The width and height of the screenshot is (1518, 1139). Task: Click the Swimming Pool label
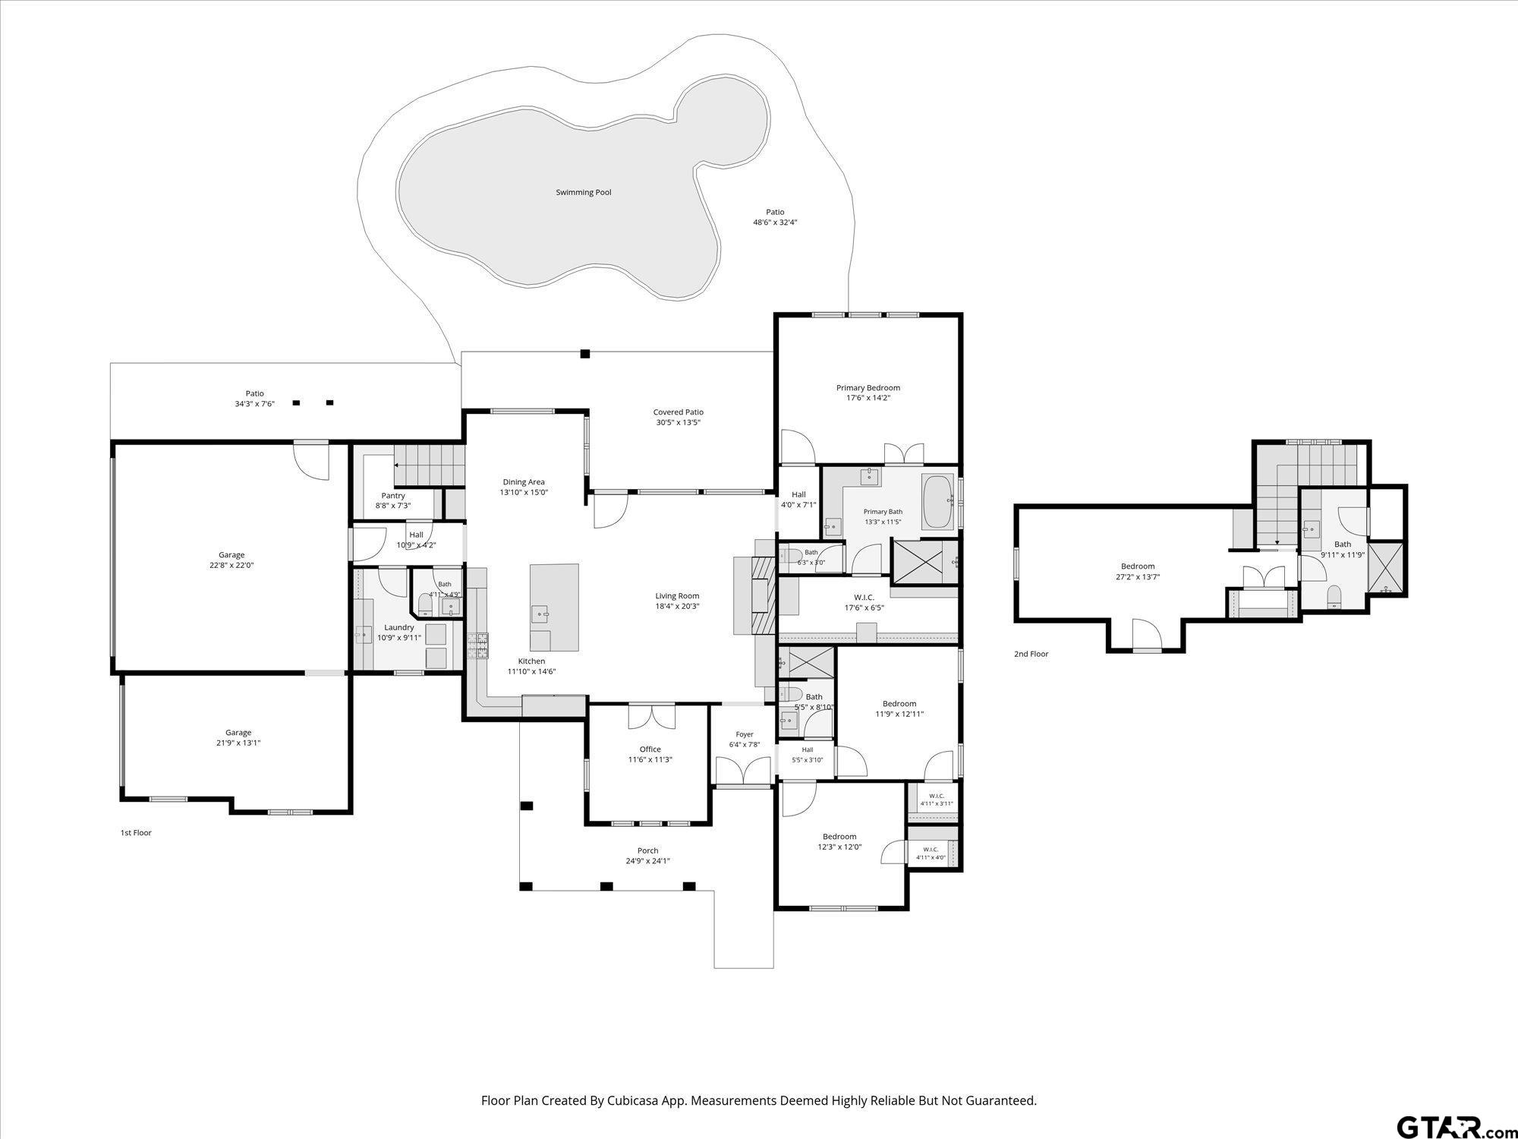point(583,193)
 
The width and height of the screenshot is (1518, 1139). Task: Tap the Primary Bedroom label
point(868,388)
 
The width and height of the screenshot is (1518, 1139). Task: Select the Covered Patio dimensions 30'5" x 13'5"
point(678,423)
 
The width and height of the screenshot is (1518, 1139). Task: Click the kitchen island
point(554,607)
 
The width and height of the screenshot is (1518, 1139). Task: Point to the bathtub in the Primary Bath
point(938,502)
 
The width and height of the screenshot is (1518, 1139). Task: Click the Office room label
point(650,749)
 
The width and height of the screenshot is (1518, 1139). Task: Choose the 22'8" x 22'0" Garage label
point(231,560)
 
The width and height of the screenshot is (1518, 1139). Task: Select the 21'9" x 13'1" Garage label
point(238,738)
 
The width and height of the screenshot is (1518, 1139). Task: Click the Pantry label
point(393,496)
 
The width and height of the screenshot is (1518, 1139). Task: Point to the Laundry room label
point(399,628)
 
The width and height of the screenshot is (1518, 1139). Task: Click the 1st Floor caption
point(136,833)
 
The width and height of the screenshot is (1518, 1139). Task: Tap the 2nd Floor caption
point(1031,654)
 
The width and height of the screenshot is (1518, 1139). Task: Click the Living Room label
point(677,596)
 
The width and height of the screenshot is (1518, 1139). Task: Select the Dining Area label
point(524,482)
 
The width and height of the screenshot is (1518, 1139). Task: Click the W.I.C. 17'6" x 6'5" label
point(864,602)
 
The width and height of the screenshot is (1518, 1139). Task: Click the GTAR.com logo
point(1456,1126)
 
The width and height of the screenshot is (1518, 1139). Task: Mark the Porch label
point(647,850)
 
